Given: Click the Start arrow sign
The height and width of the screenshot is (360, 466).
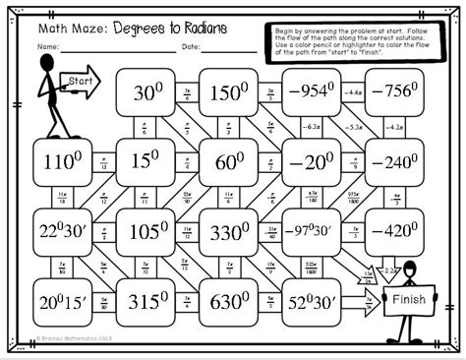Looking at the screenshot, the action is coord(82,81).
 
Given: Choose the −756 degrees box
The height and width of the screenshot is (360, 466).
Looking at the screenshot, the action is coord(395,93).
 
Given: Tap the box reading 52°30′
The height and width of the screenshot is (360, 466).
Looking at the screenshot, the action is coord(313,301).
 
